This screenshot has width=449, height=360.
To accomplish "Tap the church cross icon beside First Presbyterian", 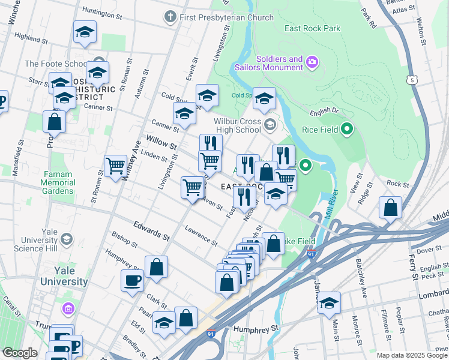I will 171,17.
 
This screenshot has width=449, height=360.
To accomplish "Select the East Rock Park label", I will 313,28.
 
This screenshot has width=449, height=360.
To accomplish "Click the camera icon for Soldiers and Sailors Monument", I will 312,62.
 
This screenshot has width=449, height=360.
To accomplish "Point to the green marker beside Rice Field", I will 346,129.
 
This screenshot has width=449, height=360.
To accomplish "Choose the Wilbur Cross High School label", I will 238,125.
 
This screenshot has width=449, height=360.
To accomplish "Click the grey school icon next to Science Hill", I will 66,240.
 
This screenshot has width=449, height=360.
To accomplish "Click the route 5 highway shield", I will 411,79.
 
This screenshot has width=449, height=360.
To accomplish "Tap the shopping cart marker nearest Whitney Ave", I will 115,165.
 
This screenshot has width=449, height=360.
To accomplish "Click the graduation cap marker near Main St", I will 329,303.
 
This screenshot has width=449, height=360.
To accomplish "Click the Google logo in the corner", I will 20,353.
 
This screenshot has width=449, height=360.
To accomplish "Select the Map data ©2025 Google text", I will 412,355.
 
